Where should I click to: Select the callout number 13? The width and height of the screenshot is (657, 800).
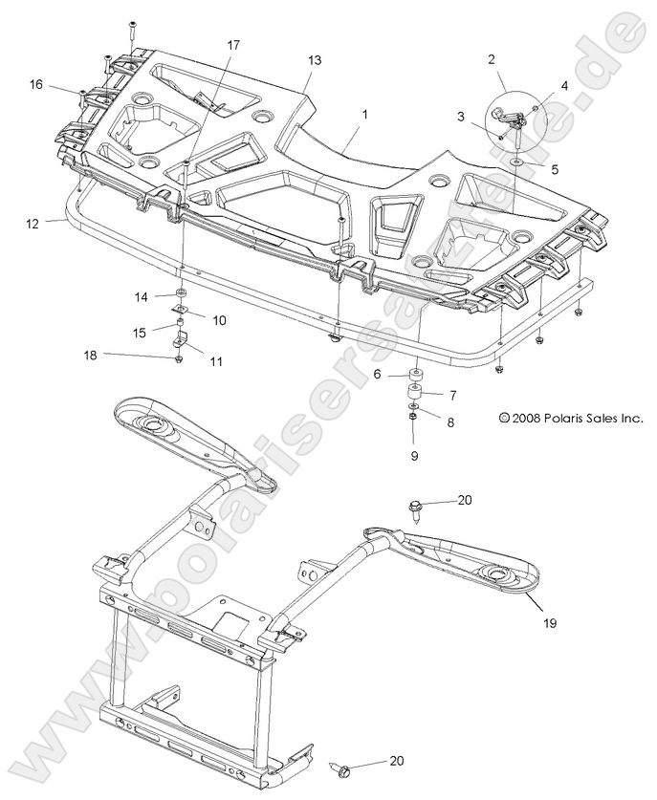pos(315,59)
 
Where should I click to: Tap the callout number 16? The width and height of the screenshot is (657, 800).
pos(35,85)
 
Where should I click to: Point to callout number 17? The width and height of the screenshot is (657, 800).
pos(234,45)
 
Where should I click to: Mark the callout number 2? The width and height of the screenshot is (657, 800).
pos(492,59)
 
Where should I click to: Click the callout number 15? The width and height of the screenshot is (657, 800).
pos(140,332)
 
